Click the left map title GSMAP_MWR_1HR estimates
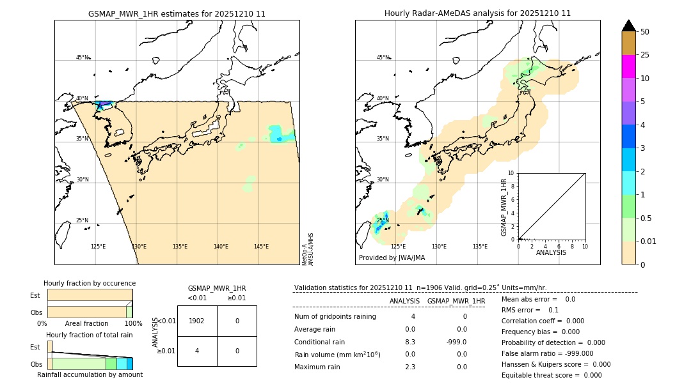[x=177, y=13]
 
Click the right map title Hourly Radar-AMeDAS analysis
[x=477, y=13]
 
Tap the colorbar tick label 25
[x=645, y=55]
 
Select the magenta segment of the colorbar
[x=629, y=66]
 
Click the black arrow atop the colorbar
[x=629, y=26]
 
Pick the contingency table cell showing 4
[x=197, y=351]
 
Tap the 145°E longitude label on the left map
[x=261, y=247]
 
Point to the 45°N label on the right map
[x=383, y=57]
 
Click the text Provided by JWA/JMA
[x=392, y=258]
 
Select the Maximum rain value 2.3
[x=410, y=367]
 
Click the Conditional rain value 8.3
[x=410, y=342]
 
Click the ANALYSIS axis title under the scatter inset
[x=551, y=252]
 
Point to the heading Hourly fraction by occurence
[x=90, y=283]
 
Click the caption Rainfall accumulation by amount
[x=90, y=374]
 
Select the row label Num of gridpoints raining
[x=335, y=317]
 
